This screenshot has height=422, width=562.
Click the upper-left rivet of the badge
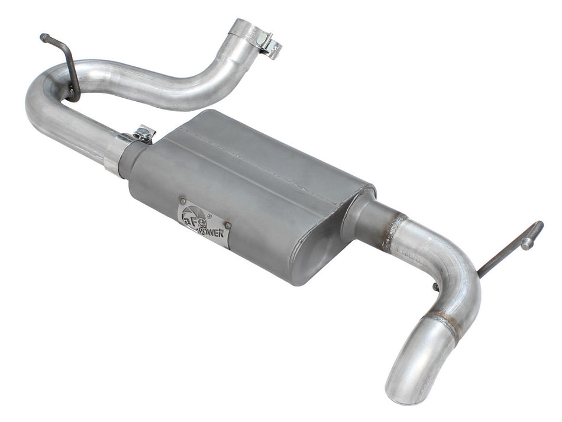[x=182, y=201]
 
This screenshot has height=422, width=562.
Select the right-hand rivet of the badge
[x=226, y=225]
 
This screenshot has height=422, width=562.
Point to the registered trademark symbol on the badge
[x=208, y=217]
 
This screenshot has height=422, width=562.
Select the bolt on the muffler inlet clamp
[x=143, y=133]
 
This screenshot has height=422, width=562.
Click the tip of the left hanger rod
[x=43, y=37]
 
